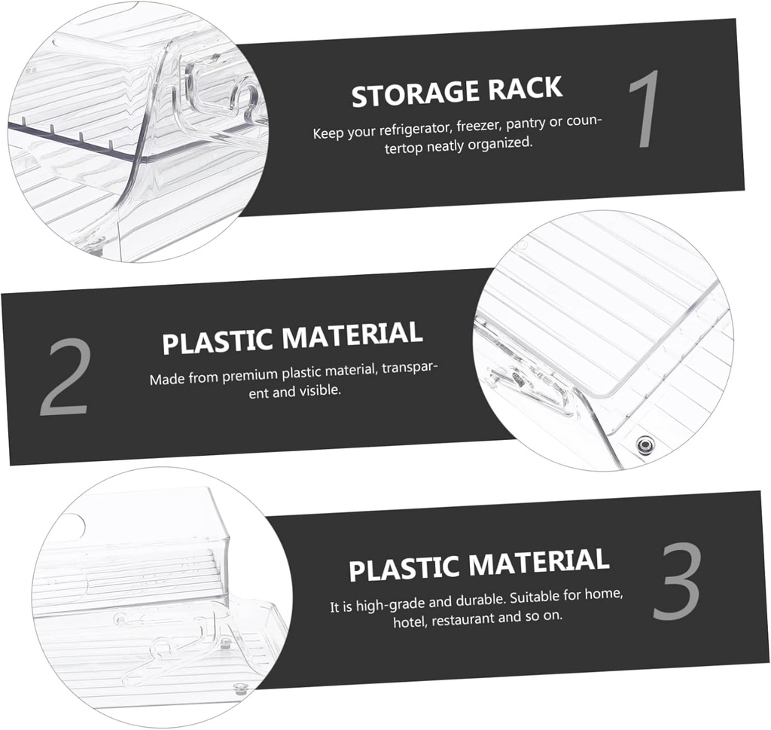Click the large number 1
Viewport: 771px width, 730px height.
pyautogui.click(x=645, y=110)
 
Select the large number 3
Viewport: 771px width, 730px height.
pyautogui.click(x=676, y=582)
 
